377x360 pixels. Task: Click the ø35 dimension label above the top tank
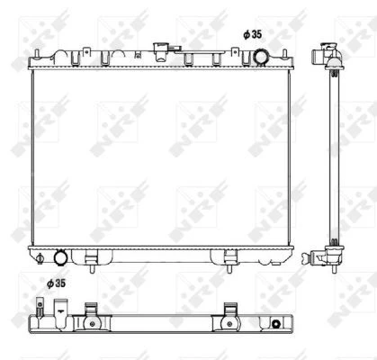pyautogui.click(x=253, y=35)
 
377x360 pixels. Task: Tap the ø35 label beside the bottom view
pyautogui.click(x=56, y=283)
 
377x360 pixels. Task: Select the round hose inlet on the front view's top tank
pyautogui.click(x=261, y=58)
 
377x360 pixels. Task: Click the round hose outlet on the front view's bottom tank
pyautogui.click(x=61, y=257)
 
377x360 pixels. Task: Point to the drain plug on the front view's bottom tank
pyautogui.click(x=40, y=258)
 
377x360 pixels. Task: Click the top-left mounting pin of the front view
pyautogui.click(x=36, y=53)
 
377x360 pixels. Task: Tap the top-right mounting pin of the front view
pyautogui.click(x=284, y=53)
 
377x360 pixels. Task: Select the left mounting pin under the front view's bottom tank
pyautogui.click(x=92, y=268)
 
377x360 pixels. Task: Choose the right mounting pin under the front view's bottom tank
pyautogui.click(x=229, y=268)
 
